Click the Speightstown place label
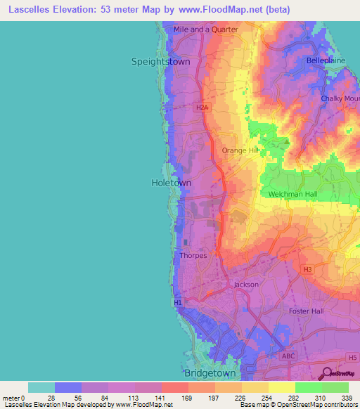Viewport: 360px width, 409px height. (x=160, y=62)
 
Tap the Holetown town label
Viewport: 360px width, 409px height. (x=171, y=183)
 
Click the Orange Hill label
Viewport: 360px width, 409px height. (x=240, y=150)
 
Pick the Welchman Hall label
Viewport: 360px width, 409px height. (x=293, y=194)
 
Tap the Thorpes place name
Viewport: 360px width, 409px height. (x=193, y=256)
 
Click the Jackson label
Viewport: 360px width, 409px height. (x=246, y=285)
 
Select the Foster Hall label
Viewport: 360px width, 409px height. (x=306, y=311)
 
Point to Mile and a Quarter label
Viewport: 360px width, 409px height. (x=206, y=30)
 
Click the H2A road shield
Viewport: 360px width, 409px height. (x=202, y=107)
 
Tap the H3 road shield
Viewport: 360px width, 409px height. (x=307, y=269)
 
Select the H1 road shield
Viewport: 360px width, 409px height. (x=178, y=303)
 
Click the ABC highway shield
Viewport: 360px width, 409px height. (x=288, y=356)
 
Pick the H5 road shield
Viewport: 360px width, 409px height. (x=352, y=358)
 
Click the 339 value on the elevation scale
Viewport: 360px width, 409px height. (x=346, y=398)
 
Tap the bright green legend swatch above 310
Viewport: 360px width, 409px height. (x=309, y=387)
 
